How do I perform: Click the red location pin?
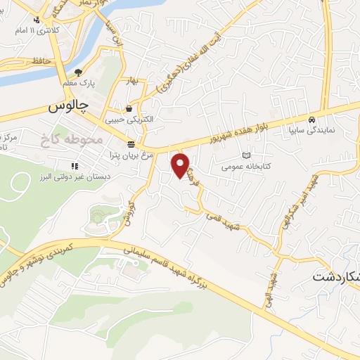(x=181, y=165)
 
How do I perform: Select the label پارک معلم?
(x=79, y=83)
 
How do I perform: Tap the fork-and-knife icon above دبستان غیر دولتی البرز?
(x=73, y=166)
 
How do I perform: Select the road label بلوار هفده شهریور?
(x=228, y=134)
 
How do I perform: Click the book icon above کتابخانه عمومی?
(x=246, y=155)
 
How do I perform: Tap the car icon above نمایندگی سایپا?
(x=311, y=119)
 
